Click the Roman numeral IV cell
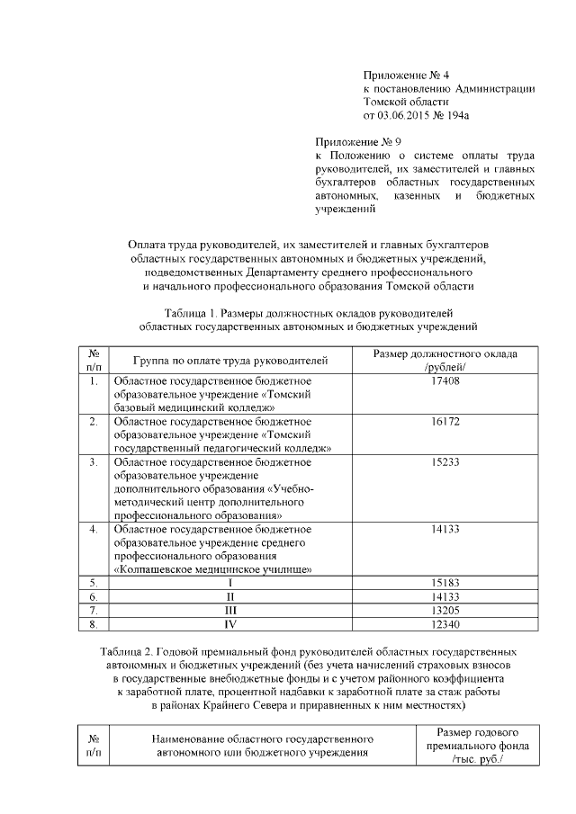pyautogui.click(x=230, y=623)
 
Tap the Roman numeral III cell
pyautogui.click(x=230, y=610)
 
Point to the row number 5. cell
pyautogui.click(x=93, y=583)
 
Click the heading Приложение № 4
pyautogui.click(x=399, y=75)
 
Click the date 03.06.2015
pyautogui.click(x=400, y=115)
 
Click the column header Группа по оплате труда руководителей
pyautogui.click(x=230, y=361)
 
